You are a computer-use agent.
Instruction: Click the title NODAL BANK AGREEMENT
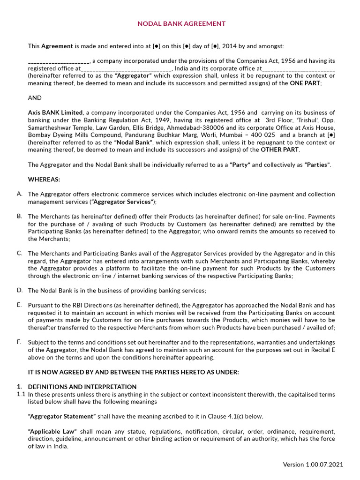(x=181, y=23)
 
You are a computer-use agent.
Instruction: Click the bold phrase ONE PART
(x=305, y=83)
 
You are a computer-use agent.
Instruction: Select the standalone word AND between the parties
(x=35, y=98)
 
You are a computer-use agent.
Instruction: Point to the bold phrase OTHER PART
(x=280, y=150)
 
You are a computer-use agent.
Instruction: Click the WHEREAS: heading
(x=44, y=180)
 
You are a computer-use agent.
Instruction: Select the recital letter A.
(x=19, y=194)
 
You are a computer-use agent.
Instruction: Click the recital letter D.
(x=19, y=290)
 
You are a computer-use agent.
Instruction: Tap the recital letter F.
(x=19, y=342)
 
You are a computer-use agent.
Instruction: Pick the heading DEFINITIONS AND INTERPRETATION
(x=82, y=387)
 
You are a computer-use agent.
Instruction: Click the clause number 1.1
(x=21, y=394)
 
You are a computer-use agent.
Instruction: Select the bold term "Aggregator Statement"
(x=62, y=416)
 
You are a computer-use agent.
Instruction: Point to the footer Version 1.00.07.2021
(x=313, y=465)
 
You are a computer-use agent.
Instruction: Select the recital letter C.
(x=19, y=253)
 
